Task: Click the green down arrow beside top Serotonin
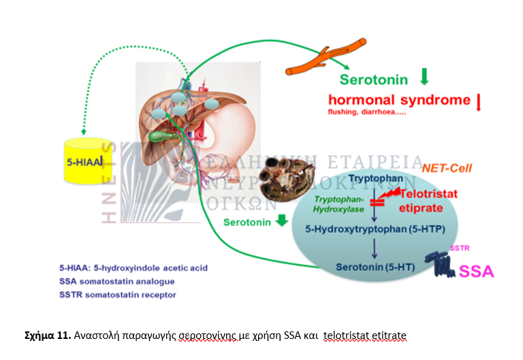coord(424,76)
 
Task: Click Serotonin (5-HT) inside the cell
coord(368,266)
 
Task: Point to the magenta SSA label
coord(477,272)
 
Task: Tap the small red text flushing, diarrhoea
coord(366,112)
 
